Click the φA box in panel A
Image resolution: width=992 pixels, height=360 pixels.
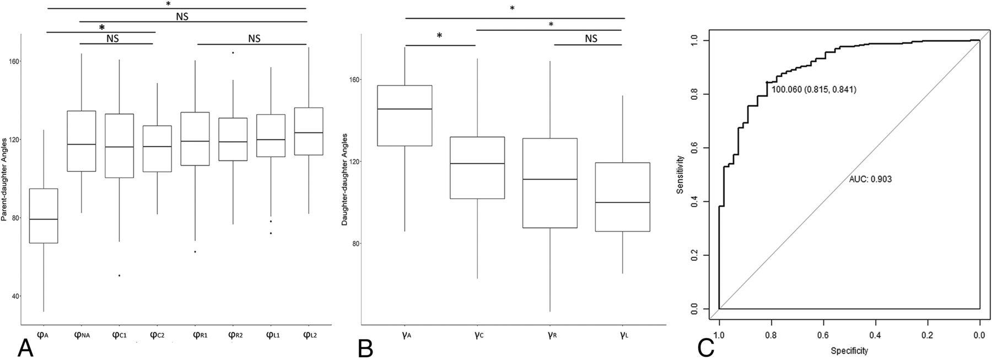coord(44,216)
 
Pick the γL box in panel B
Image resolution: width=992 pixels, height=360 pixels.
coord(623,197)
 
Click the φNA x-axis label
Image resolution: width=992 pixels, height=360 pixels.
coord(82,334)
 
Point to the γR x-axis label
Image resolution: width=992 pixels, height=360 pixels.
coord(551,334)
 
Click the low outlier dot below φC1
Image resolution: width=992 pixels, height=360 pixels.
coord(120,275)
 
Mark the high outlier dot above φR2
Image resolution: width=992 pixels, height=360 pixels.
coord(233,53)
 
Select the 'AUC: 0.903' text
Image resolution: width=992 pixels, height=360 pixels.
coord(870,179)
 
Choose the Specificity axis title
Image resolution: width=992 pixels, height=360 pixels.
coord(849,351)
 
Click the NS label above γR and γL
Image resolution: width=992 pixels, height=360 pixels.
coord(590,39)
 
